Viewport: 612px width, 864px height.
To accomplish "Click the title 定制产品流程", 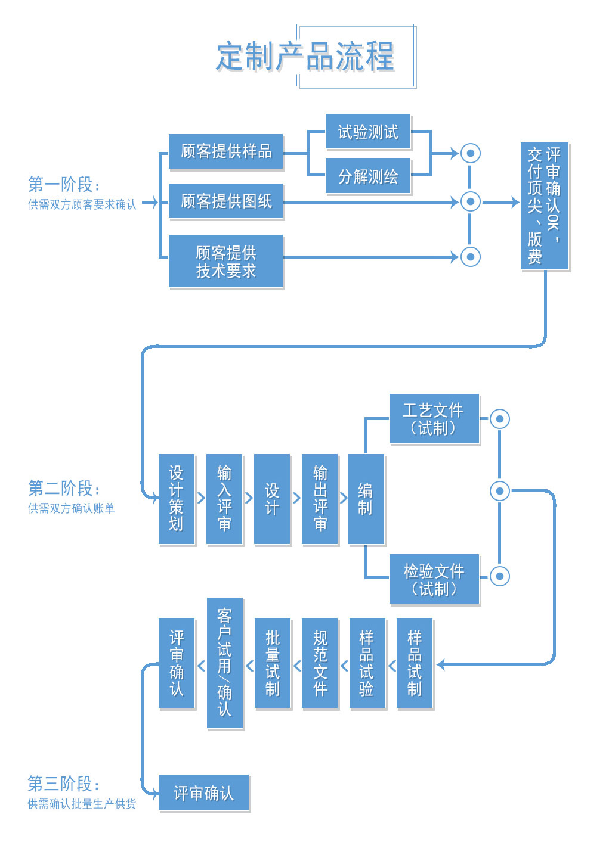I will (x=305, y=57).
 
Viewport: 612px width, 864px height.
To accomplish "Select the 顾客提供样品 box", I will (x=226, y=152).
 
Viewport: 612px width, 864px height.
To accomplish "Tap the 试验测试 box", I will (x=368, y=132).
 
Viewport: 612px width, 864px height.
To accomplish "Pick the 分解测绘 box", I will (x=368, y=176).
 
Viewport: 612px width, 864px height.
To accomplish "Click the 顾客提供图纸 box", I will (x=226, y=201).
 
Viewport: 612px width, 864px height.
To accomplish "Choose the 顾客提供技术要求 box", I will (x=226, y=262).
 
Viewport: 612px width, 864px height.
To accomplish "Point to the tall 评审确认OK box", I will (x=544, y=206).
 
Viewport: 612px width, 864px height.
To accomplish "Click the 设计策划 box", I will (x=177, y=499).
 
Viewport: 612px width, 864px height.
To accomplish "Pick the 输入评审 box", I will (x=224, y=499).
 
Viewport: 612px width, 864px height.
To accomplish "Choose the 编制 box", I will (x=366, y=499).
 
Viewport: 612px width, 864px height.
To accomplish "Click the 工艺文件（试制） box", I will (x=434, y=419).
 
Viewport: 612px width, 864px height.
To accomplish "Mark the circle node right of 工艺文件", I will (x=500, y=419).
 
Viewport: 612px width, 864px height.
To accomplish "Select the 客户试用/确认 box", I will (x=224, y=663).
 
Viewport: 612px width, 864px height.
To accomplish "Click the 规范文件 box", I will (x=320, y=663).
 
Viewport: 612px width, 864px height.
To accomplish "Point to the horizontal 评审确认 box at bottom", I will (x=203, y=793).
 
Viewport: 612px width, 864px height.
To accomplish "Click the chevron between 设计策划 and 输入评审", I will (x=201, y=498).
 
